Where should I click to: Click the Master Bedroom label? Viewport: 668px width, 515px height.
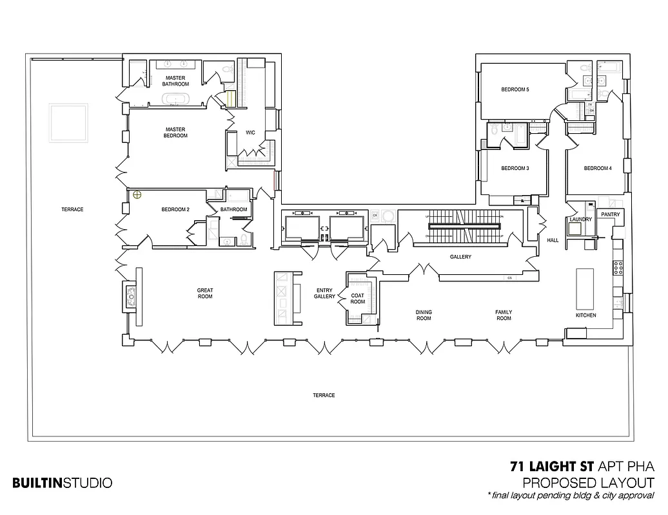coord(175,132)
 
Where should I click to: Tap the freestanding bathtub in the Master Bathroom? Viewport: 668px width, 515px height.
coord(175,99)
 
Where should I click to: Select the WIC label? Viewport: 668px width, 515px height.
coord(250,133)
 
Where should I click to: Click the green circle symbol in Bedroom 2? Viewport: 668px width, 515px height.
coord(137,194)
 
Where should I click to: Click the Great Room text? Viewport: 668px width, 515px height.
coord(205,294)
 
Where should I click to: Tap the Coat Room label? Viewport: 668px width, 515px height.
coord(357,299)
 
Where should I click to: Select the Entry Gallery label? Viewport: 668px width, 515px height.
coord(324,293)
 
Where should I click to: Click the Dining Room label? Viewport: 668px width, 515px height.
coord(423,315)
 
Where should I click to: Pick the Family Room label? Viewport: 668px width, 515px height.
coord(504,315)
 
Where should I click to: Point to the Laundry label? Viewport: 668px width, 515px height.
coord(580,220)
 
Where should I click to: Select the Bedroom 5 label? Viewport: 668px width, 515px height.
coord(515,89)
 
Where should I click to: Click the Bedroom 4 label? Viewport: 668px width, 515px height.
coord(597,169)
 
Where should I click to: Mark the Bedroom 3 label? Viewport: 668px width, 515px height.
coord(515,169)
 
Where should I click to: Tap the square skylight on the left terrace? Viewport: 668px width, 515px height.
coord(68,123)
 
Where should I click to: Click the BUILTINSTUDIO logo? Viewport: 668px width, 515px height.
coord(62,482)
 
